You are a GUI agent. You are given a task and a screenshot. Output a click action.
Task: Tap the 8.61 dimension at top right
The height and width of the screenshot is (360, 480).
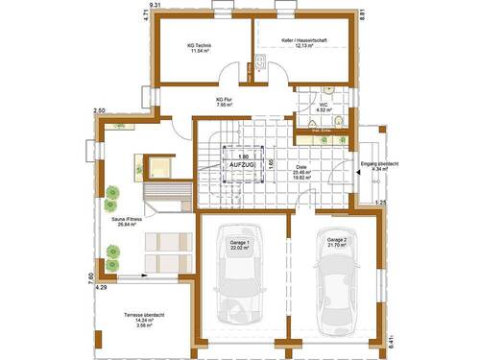click(362, 14)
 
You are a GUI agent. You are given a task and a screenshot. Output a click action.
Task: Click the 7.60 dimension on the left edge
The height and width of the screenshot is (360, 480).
click(91, 278)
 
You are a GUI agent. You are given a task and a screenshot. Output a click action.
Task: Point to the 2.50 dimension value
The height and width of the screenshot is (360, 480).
click(98, 111)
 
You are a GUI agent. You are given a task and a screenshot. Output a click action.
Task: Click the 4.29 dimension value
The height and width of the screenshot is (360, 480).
click(101, 286)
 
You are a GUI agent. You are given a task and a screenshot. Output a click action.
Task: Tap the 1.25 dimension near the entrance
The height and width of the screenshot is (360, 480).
click(380, 203)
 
